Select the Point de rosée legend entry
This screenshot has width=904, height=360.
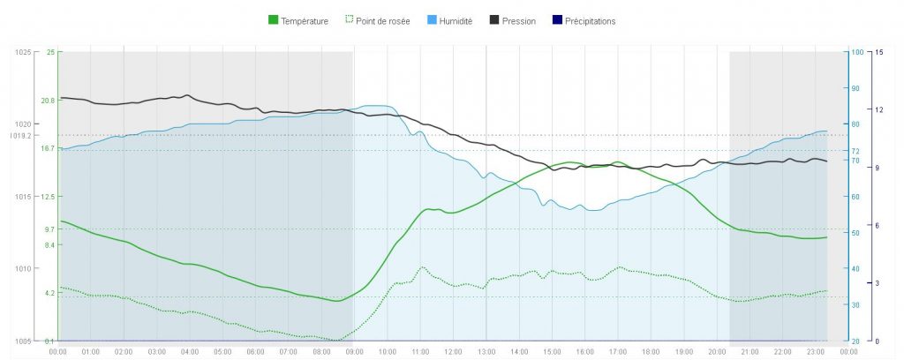click(x=381, y=20)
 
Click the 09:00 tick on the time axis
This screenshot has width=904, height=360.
click(x=354, y=351)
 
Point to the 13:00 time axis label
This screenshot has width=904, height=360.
click(x=486, y=351)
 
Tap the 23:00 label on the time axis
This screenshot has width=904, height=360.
click(x=815, y=351)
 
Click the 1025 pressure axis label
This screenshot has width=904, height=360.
click(x=23, y=53)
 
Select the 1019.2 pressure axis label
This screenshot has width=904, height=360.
click(x=20, y=136)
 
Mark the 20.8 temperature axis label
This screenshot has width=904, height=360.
click(x=48, y=101)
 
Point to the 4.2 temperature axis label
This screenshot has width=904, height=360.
click(x=49, y=292)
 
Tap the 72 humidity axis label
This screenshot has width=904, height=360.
click(x=855, y=151)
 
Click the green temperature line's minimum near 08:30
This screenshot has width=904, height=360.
click(x=336, y=301)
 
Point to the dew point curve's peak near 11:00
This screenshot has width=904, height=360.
click(x=423, y=266)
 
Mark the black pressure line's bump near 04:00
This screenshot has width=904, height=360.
click(x=187, y=94)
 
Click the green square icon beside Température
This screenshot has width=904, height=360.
click(x=273, y=20)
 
